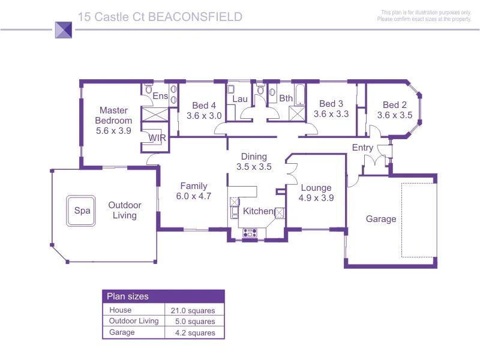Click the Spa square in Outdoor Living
click(x=82, y=211)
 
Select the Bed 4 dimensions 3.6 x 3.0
click(x=204, y=116)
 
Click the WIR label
click(x=157, y=138)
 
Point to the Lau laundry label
click(x=240, y=98)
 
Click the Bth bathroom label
click(x=286, y=98)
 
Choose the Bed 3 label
click(x=331, y=104)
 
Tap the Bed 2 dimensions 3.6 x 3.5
click(x=395, y=115)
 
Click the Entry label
click(x=362, y=148)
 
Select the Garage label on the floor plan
click(x=381, y=219)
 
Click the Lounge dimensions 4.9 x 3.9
click(x=316, y=197)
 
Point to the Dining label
click(x=254, y=157)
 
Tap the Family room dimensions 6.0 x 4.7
click(x=194, y=196)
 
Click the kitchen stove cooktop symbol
click(x=250, y=232)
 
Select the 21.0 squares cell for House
click(x=194, y=310)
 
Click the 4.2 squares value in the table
click(x=194, y=333)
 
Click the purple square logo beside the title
click(x=63, y=29)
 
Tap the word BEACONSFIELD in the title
click(x=195, y=17)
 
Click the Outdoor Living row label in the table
click(x=134, y=321)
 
